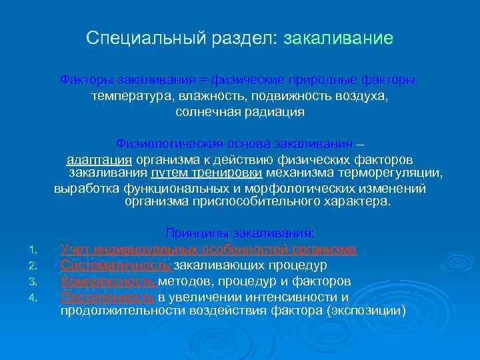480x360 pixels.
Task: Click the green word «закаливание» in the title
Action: click(338, 39)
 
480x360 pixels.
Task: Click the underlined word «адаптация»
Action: click(100, 160)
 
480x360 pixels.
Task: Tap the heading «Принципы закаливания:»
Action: click(239, 233)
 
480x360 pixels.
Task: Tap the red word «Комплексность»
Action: click(109, 281)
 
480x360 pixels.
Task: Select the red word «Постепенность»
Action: click(108, 297)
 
